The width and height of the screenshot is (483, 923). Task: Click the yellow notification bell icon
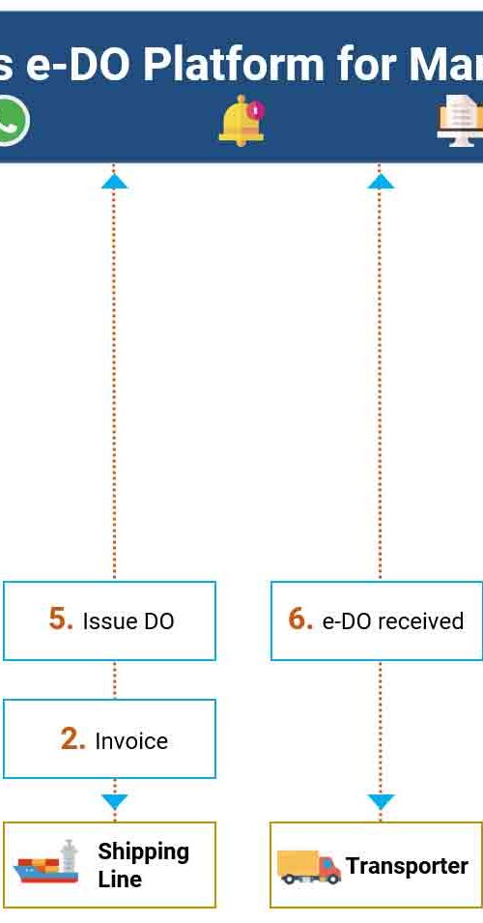241,120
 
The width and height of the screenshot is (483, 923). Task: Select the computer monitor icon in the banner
460,121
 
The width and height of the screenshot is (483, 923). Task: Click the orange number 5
61,619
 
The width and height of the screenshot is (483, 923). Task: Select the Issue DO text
128,621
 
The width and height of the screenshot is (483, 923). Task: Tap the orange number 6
300,619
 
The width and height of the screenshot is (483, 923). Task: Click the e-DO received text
393,621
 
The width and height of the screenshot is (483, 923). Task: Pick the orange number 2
73,739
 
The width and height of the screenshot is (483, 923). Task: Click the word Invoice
131,741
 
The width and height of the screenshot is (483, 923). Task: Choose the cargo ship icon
46,862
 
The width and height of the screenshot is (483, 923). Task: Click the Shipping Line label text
144,865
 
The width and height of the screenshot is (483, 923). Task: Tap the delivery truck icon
309,867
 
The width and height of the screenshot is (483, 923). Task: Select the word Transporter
407,866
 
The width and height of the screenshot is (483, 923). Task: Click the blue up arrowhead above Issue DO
114,181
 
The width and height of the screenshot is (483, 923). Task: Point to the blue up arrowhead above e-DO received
380,181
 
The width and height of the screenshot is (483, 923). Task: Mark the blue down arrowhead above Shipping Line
114,802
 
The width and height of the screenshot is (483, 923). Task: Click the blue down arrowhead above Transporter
381,802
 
